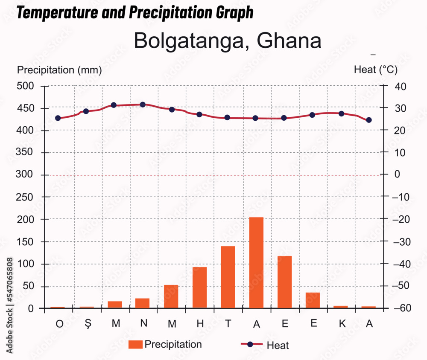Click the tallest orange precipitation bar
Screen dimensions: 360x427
256,262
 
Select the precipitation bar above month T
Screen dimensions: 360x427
228,277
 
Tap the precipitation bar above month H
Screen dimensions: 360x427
199,287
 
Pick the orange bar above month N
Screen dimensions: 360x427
143,303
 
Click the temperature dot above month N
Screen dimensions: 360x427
143,105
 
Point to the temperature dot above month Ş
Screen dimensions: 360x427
86,111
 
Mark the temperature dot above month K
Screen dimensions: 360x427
341,113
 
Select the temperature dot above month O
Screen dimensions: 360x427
58,118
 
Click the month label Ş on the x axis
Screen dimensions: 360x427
88,324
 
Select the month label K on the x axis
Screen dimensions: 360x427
342,324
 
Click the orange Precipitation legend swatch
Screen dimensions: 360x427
135,345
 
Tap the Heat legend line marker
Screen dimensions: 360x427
251,345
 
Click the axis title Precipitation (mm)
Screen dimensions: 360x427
59,70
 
